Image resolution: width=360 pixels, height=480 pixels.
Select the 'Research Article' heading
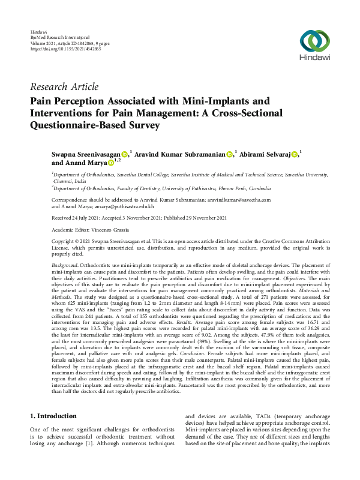(64, 87)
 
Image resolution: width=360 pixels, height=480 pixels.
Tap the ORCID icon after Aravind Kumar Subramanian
(230, 154)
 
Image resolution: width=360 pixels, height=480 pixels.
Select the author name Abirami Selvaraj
(265, 154)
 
